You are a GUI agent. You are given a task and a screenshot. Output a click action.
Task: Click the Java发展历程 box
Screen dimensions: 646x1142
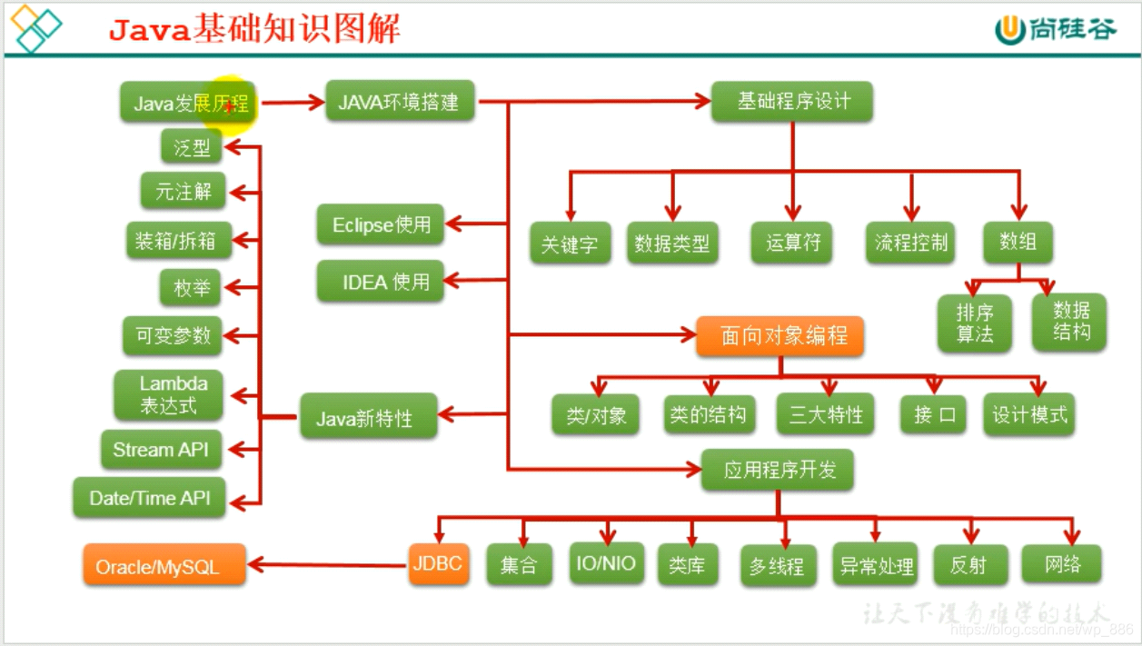[x=189, y=103]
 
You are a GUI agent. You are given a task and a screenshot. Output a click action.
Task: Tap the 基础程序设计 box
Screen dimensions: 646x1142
[x=792, y=102]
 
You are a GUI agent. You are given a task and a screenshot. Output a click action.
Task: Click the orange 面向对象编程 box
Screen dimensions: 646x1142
[x=780, y=336]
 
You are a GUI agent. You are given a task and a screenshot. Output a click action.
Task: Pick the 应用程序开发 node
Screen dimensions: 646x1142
[x=778, y=470]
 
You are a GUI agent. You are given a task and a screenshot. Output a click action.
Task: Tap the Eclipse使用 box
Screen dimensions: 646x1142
[x=381, y=224]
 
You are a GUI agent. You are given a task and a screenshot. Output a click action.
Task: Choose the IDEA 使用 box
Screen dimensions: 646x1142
[x=381, y=282]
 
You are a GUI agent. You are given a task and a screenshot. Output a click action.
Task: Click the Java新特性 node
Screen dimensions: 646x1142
[x=368, y=418]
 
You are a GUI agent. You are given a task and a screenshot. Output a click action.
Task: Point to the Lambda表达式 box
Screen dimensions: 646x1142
[x=168, y=394]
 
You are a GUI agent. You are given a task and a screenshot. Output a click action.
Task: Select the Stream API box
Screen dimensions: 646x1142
[x=162, y=449]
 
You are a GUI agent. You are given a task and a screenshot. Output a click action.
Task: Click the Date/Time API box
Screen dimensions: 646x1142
[x=149, y=498]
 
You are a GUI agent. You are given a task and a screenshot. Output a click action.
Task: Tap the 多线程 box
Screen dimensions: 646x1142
[x=778, y=566]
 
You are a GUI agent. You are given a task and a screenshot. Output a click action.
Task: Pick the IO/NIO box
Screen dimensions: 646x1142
[x=607, y=563]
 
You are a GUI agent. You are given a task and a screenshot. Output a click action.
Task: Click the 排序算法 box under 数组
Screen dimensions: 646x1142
[x=975, y=323]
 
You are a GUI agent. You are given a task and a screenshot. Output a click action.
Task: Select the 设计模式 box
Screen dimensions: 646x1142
[x=1029, y=414]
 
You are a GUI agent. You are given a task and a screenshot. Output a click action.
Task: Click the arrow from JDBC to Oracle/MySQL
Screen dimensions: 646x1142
[x=327, y=565]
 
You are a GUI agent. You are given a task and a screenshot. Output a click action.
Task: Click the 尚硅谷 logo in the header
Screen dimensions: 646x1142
[x=1056, y=30]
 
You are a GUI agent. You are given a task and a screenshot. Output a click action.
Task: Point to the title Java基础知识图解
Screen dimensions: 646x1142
[x=254, y=30]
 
